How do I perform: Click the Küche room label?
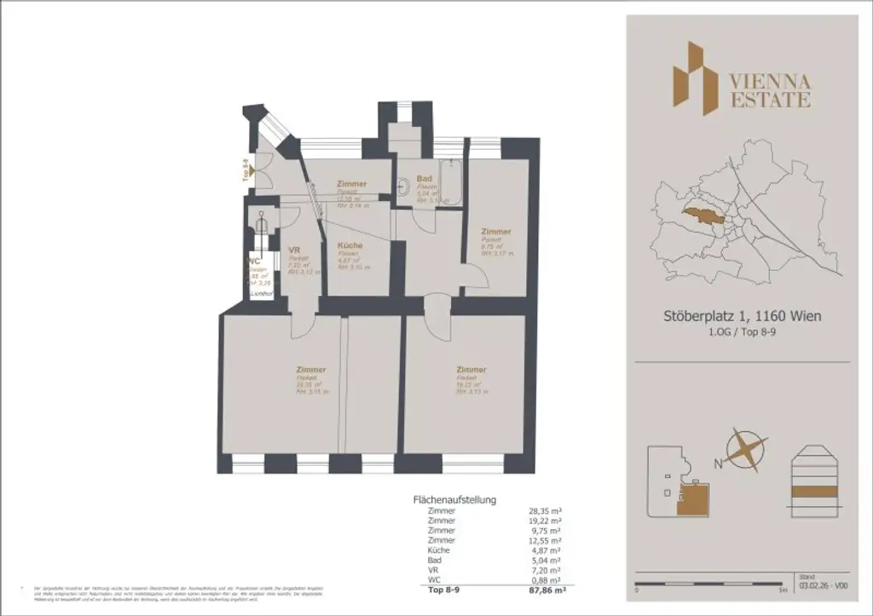click(350, 245)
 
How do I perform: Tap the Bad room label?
click(424, 178)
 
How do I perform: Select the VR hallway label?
click(295, 250)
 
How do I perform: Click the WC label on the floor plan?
click(254, 262)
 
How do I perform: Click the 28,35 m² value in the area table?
click(544, 510)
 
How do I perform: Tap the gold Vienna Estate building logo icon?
click(690, 78)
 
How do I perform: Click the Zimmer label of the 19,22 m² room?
click(471, 370)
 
